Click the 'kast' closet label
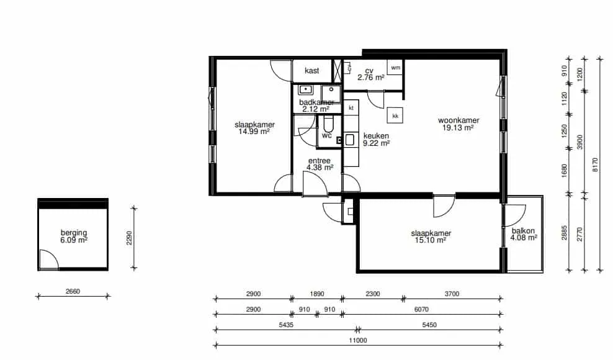click(x=311, y=71)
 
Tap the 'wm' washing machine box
click(x=395, y=67)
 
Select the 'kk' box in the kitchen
click(x=395, y=116)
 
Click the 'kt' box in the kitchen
click(x=351, y=107)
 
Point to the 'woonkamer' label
click(x=458, y=120)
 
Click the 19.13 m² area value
click(x=458, y=128)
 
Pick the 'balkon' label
click(x=523, y=231)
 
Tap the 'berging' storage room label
click(x=73, y=233)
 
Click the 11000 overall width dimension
click(x=358, y=340)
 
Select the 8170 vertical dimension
click(x=595, y=164)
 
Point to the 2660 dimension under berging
click(x=73, y=291)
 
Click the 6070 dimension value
click(x=421, y=310)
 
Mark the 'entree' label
click(x=319, y=161)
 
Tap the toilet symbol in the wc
click(x=328, y=124)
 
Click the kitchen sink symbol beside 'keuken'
click(x=349, y=140)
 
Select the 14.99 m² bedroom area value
click(x=254, y=132)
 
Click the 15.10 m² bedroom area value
click(x=431, y=240)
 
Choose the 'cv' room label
click(x=369, y=71)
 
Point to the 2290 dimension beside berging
click(x=130, y=238)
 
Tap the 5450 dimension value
click(x=429, y=325)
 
